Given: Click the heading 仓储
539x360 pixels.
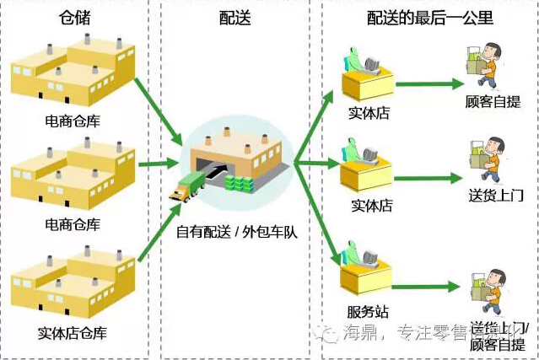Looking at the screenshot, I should [75, 18].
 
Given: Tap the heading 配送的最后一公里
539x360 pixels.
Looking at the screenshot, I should [430, 18].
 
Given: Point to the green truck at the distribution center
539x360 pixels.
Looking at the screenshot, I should [186, 187].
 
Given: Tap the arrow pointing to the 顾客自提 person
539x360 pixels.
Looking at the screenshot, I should [429, 83].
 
